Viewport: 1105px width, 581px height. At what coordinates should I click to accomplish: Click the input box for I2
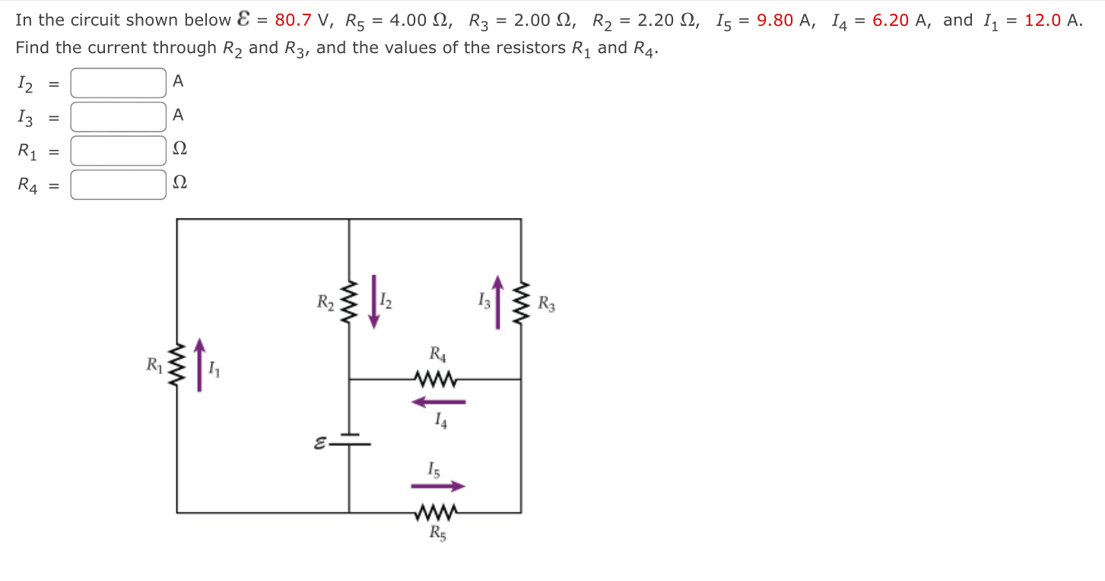point(119,83)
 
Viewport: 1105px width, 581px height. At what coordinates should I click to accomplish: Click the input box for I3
point(119,116)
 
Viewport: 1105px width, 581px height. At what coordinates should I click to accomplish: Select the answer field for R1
point(119,151)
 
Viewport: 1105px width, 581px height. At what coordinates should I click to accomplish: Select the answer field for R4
point(119,184)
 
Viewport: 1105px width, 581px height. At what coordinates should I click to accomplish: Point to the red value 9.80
point(775,21)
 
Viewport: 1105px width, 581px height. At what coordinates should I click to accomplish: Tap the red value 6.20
point(891,21)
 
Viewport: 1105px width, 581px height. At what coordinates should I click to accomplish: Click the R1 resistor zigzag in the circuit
point(177,365)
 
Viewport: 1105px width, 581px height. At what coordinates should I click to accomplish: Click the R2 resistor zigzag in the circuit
point(349,302)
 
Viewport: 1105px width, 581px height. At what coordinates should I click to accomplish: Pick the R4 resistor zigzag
point(435,379)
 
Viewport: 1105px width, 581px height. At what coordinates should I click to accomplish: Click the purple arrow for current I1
point(200,365)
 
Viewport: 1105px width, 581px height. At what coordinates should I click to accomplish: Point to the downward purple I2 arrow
point(373,302)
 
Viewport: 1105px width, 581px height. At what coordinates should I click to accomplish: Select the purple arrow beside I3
point(498,302)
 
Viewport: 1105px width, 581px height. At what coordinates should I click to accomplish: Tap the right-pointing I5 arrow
point(438,486)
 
